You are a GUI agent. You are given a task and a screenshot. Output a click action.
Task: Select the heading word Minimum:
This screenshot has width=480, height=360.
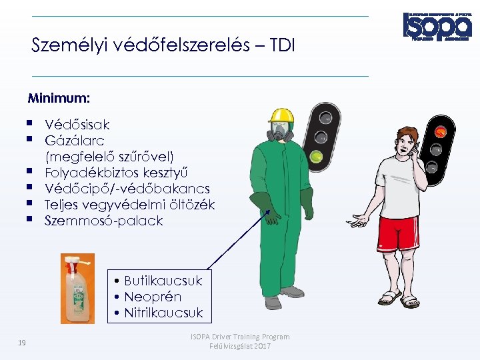point(59,99)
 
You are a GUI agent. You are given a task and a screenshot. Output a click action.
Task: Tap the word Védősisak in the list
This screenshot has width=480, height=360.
point(77,125)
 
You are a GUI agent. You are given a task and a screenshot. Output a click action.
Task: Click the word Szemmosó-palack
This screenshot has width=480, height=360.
point(103,221)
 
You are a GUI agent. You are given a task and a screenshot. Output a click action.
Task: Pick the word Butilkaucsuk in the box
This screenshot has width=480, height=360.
point(163,281)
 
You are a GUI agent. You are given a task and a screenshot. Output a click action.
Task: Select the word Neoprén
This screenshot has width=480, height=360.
point(153,297)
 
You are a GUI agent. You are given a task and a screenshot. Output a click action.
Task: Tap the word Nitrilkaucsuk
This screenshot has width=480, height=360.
point(163,313)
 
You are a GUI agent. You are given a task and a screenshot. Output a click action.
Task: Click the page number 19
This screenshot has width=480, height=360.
point(22,343)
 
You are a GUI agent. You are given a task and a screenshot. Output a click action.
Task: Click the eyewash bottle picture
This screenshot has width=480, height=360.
point(77,288)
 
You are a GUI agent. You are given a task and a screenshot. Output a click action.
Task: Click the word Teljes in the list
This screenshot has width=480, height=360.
point(63,205)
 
